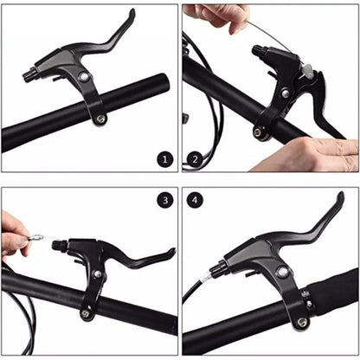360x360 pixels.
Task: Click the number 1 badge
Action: (x=165, y=159)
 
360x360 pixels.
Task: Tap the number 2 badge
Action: (x=195, y=159)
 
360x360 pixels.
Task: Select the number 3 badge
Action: (x=165, y=200)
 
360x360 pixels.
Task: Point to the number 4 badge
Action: (x=195, y=200)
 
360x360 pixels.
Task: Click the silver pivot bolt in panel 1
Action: (x=84, y=77)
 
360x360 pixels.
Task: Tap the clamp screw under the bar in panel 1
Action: (x=100, y=119)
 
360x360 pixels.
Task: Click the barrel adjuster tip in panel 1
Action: (x=29, y=74)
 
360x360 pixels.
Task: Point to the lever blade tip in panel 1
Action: (x=132, y=14)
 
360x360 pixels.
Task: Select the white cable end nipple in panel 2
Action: (x=307, y=71)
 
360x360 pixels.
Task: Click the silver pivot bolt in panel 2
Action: (x=286, y=93)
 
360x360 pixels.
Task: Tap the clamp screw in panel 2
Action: (x=257, y=132)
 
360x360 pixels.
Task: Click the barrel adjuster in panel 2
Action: (x=260, y=51)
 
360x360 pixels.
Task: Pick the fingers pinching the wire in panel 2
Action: (x=222, y=17)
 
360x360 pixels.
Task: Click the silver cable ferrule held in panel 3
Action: (x=35, y=238)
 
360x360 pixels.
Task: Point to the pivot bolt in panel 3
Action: (x=98, y=273)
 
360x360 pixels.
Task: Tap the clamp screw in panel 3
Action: (x=85, y=313)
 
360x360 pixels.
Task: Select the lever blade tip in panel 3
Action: (x=172, y=252)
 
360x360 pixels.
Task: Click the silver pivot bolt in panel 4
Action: (x=282, y=271)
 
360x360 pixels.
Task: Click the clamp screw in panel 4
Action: (x=302, y=322)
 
